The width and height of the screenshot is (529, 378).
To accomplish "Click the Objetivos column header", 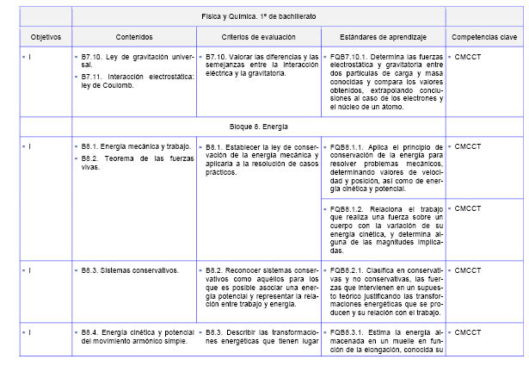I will [x=46, y=38].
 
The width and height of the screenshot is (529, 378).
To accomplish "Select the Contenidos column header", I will [x=133, y=38].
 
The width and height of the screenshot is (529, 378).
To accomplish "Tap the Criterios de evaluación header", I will [x=257, y=38].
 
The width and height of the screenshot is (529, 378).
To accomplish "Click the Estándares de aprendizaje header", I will [x=384, y=38].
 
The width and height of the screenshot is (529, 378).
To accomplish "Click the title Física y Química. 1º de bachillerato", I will [x=258, y=16].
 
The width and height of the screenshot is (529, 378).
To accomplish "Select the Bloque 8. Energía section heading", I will [x=258, y=126].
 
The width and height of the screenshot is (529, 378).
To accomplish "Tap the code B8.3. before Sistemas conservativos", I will [x=91, y=270].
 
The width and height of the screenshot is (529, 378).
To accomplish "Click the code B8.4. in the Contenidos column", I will [x=91, y=332].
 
